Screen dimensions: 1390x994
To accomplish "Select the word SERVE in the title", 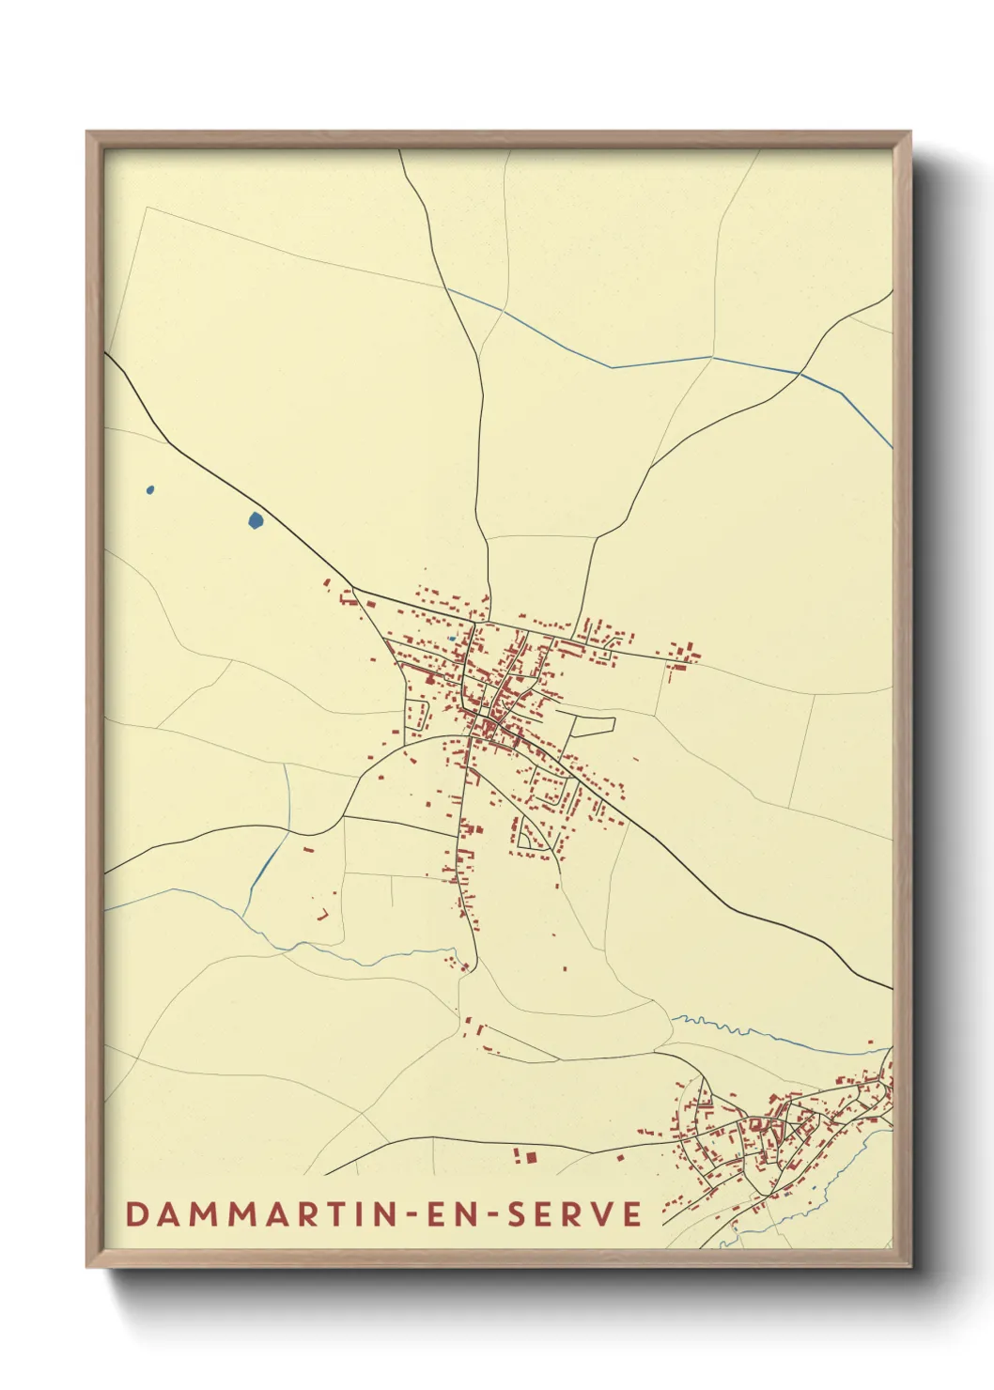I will [x=575, y=1213].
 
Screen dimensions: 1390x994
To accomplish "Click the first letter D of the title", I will [x=136, y=1213].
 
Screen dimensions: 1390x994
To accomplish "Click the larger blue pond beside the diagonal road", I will [x=255, y=519].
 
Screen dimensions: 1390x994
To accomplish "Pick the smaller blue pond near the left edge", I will [x=149, y=489].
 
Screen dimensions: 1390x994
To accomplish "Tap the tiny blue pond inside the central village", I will [x=452, y=639].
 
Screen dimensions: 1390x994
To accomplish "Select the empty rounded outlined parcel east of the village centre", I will [x=593, y=726].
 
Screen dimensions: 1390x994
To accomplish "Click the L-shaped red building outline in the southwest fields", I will [x=323, y=914].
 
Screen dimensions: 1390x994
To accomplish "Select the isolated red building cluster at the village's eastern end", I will [x=682, y=655].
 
